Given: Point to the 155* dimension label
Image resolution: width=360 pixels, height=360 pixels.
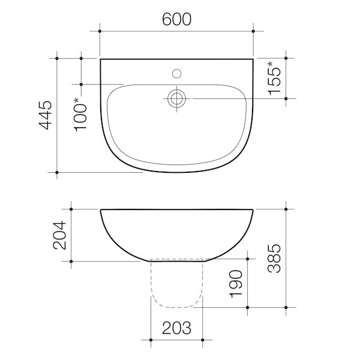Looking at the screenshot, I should pyautogui.click(x=274, y=78).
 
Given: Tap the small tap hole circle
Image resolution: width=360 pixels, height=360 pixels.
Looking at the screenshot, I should pyautogui.click(x=176, y=74).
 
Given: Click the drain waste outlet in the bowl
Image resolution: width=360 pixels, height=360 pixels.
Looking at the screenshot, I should pyautogui.click(x=176, y=98).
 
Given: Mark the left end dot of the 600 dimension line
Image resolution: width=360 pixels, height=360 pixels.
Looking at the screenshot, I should pyautogui.click(x=100, y=29).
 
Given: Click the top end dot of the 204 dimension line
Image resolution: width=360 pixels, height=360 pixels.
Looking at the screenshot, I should pyautogui.click(x=71, y=209).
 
